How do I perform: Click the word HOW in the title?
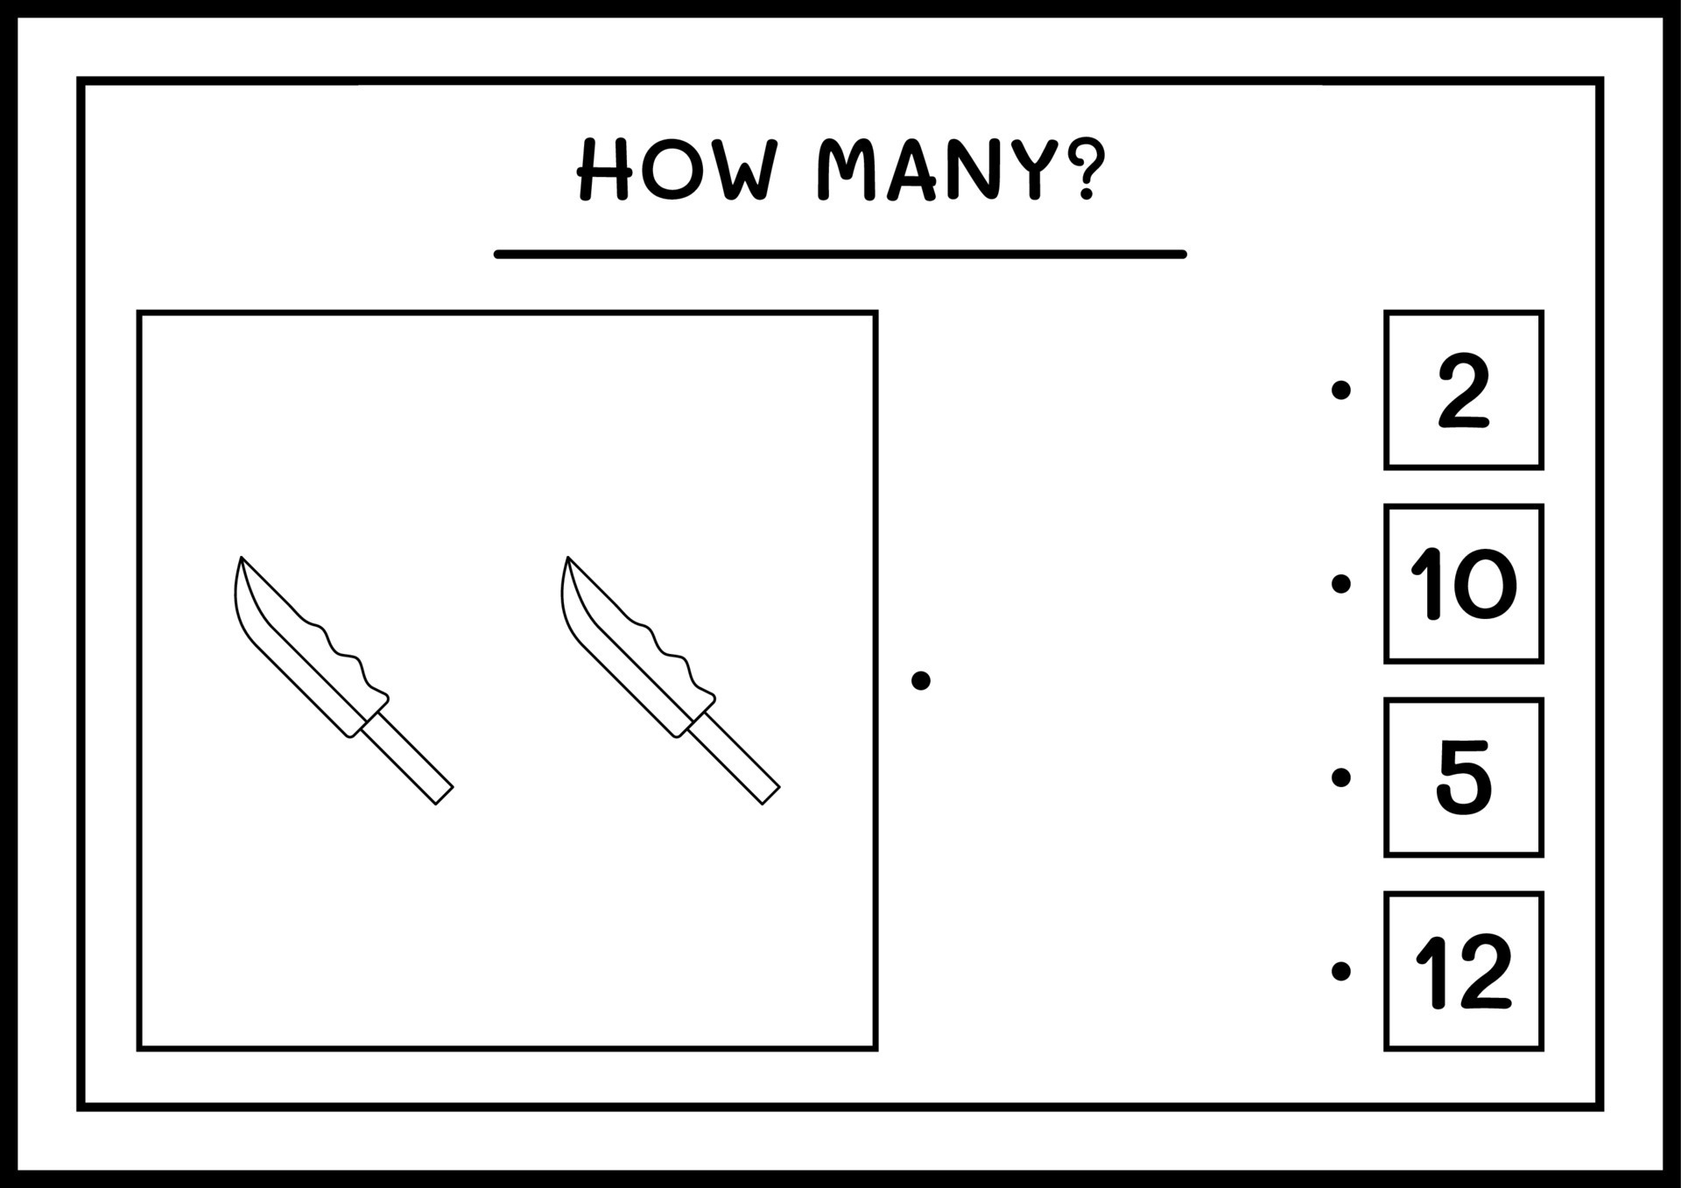[x=676, y=170]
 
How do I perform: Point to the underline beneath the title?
[x=840, y=255]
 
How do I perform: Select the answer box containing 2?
[x=1463, y=390]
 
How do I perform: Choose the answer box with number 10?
[x=1463, y=583]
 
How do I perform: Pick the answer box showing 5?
[x=1463, y=777]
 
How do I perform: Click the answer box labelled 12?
[x=1463, y=971]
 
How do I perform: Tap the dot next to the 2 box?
[x=1340, y=390]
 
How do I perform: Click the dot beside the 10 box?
[x=1340, y=583]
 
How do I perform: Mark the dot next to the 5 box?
[x=1340, y=777]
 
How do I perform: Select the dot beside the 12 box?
[x=1340, y=971]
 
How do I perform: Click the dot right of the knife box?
[x=920, y=680]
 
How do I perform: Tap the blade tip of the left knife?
[x=242, y=560]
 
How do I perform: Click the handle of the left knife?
[x=407, y=758]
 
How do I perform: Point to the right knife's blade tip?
[x=568, y=560]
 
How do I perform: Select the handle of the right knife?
[x=734, y=758]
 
